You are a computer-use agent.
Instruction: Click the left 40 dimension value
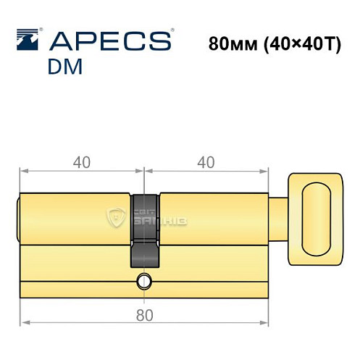[81, 163]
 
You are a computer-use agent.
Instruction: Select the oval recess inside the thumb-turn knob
[317, 217]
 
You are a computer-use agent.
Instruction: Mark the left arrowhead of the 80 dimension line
[24, 322]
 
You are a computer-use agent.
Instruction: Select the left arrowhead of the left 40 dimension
[24, 172]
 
